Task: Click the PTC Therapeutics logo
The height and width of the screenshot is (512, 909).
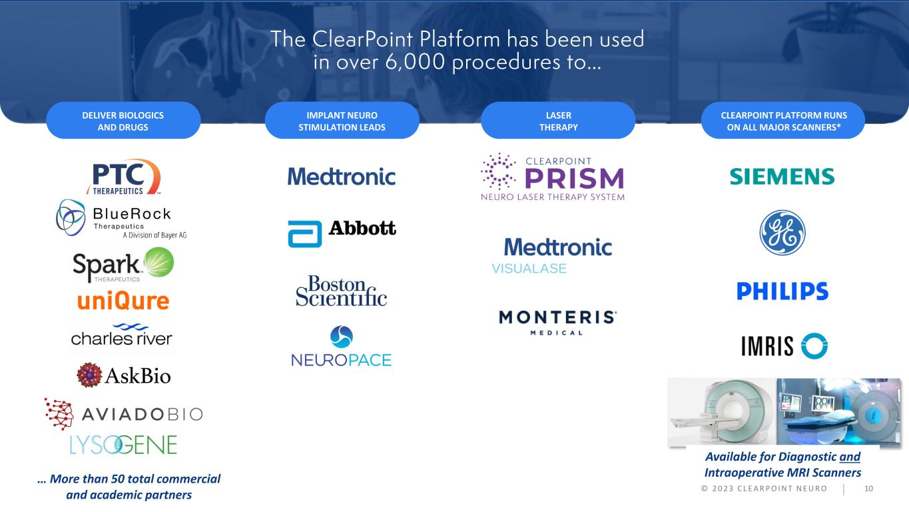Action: pyautogui.click(x=124, y=177)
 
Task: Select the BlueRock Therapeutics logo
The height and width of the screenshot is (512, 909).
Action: pyautogui.click(x=124, y=218)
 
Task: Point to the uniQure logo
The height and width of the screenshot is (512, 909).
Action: pyautogui.click(x=123, y=301)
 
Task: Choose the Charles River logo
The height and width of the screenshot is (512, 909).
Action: pyautogui.click(x=122, y=335)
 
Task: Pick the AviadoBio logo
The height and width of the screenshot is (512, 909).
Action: pyautogui.click(x=123, y=414)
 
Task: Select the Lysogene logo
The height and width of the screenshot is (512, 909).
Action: pyautogui.click(x=123, y=444)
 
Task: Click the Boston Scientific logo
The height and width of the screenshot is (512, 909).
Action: pyautogui.click(x=341, y=291)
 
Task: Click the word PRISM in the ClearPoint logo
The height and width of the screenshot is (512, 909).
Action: pyautogui.click(x=573, y=179)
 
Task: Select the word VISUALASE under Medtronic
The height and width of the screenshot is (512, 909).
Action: pyautogui.click(x=529, y=269)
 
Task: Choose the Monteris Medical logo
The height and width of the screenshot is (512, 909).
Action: pyautogui.click(x=558, y=322)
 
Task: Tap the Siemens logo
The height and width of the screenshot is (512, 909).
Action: pyautogui.click(x=782, y=177)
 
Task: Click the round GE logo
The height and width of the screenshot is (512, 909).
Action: pyautogui.click(x=782, y=233)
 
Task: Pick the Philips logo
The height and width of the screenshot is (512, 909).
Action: pyautogui.click(x=782, y=291)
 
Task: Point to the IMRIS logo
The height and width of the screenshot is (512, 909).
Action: pyautogui.click(x=784, y=346)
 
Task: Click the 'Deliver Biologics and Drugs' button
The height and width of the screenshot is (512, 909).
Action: pyautogui.click(x=123, y=121)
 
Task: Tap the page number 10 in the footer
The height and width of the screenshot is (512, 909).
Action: pyautogui.click(x=868, y=489)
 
